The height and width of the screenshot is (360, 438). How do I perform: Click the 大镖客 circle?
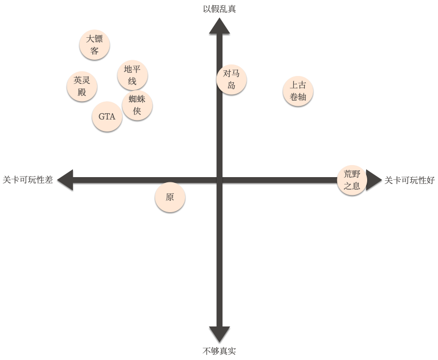[x=94, y=45]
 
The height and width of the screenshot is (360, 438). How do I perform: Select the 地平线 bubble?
[x=132, y=75]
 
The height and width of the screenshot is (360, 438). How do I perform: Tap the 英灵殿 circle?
[x=82, y=86]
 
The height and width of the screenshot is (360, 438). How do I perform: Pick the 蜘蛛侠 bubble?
[x=137, y=105]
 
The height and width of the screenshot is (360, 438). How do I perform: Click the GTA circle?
[x=107, y=116]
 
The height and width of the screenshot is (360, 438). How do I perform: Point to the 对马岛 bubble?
[x=231, y=80]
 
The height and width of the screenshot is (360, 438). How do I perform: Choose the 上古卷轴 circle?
[x=298, y=91]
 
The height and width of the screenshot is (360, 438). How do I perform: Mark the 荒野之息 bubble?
[x=352, y=180]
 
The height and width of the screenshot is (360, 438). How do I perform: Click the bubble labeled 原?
[x=170, y=197]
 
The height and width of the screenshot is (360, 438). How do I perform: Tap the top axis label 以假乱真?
[x=219, y=9]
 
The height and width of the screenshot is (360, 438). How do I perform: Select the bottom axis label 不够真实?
[x=219, y=351]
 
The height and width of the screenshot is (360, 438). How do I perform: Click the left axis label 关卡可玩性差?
[x=28, y=180]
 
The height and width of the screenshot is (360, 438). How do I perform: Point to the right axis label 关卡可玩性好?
[x=410, y=180]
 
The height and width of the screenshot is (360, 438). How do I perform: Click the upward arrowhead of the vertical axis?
[x=220, y=26]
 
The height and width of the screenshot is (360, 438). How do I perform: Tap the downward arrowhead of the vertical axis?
[x=220, y=334]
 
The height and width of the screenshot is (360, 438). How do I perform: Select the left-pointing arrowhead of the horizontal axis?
[x=65, y=180]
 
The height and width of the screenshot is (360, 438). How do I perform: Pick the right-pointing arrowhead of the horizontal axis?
[x=373, y=180]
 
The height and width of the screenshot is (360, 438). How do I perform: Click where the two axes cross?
[x=220, y=180]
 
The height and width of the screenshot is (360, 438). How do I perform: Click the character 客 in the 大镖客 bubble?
[x=94, y=51]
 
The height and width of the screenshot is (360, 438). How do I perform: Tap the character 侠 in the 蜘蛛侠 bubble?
[x=137, y=111]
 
